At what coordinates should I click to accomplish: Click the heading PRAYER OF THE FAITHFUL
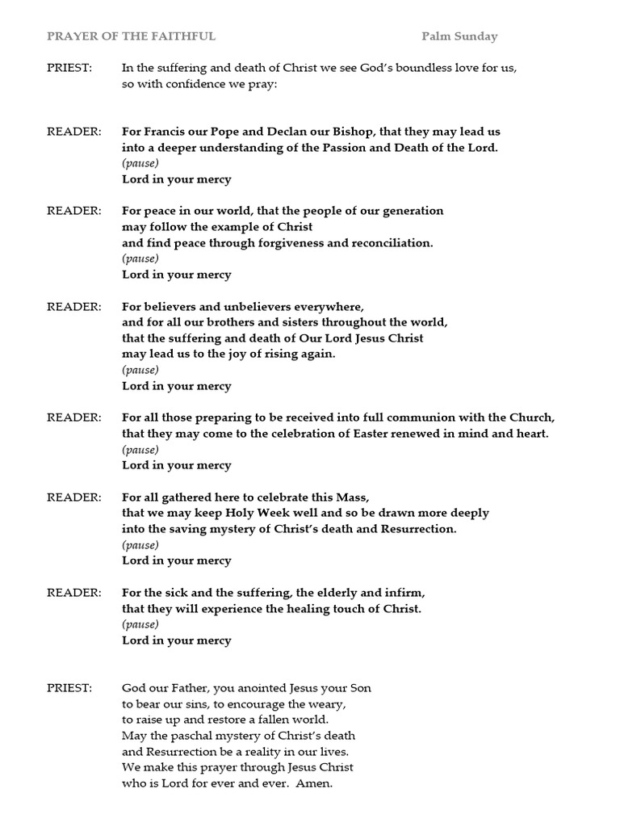coord(131,36)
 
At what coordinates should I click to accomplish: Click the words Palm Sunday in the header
coord(459,36)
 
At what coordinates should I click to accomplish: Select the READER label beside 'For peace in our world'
coord(73,211)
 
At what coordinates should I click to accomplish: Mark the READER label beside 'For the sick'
coord(73,593)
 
